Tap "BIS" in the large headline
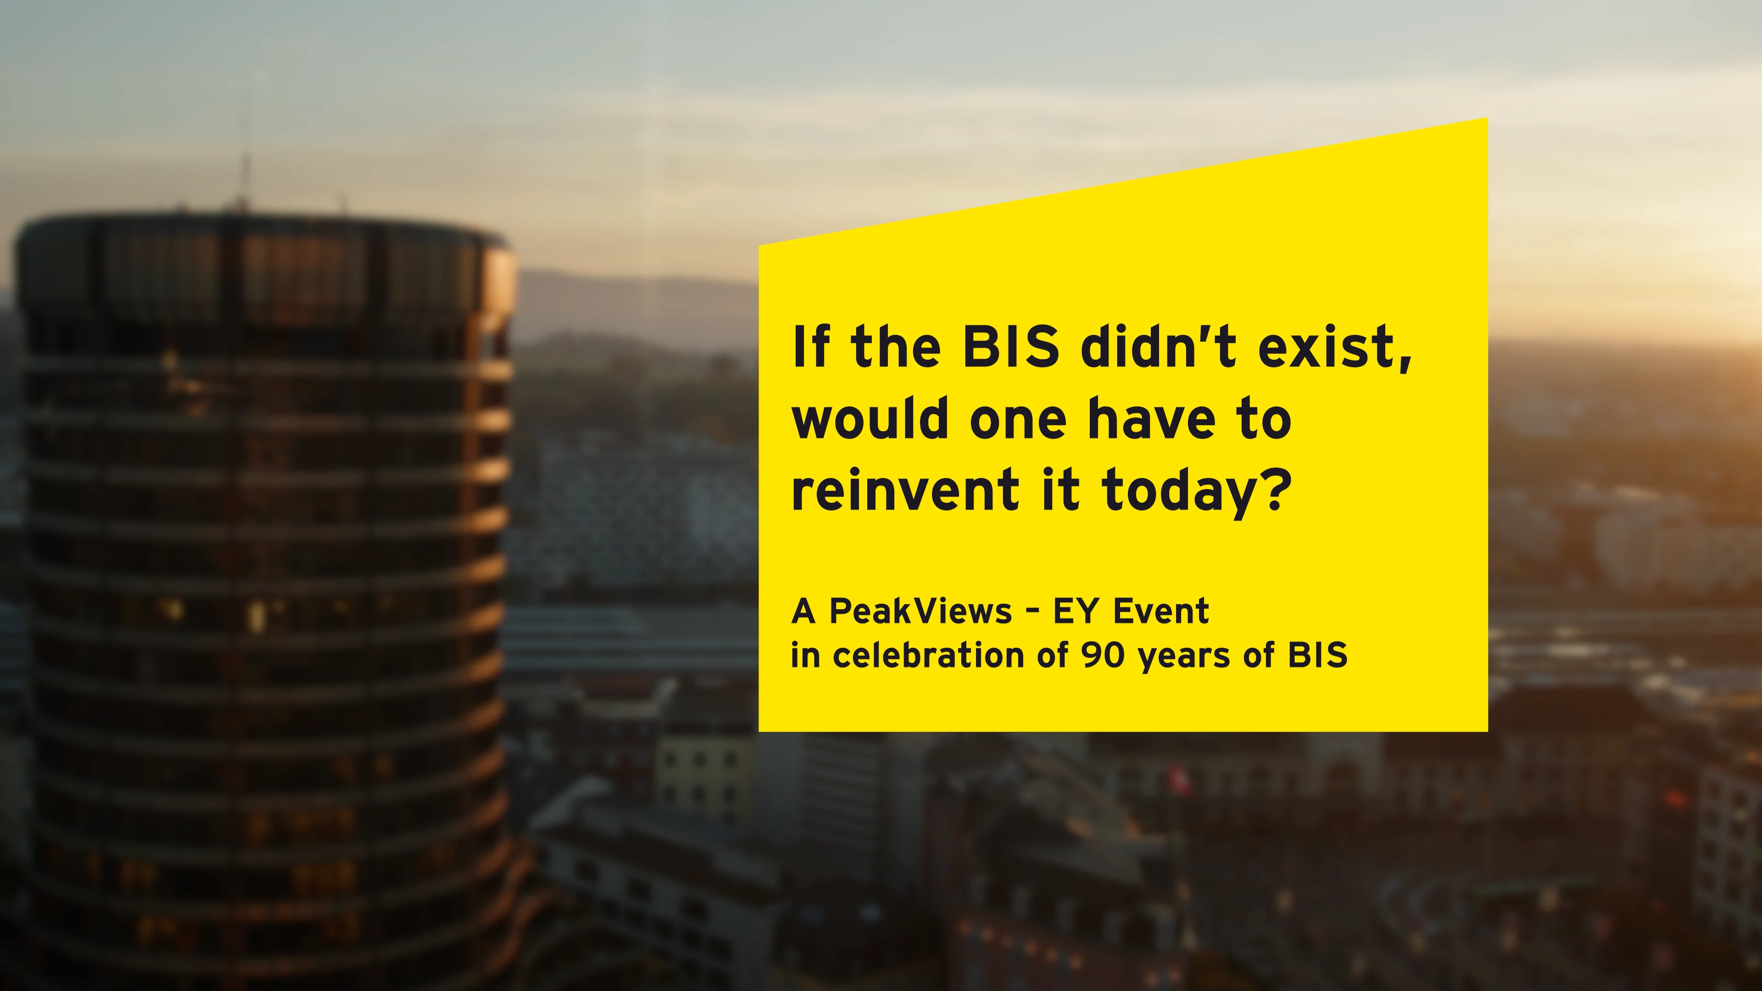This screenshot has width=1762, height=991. click(1010, 347)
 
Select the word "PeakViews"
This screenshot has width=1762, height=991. click(920, 611)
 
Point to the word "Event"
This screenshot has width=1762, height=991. click(1161, 611)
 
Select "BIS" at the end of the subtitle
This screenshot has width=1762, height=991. click(1317, 655)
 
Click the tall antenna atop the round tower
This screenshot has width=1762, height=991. click(244, 178)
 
